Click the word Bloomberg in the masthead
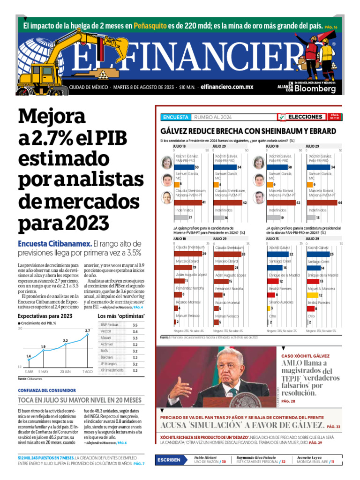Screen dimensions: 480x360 (315, 89)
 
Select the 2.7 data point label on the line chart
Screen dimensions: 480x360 (88, 331)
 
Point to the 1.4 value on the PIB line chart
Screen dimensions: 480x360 (29, 356)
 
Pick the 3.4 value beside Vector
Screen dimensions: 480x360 (135, 331)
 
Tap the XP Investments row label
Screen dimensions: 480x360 (112, 370)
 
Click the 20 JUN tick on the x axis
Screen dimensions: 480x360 (65, 371)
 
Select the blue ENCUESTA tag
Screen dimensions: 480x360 (175, 117)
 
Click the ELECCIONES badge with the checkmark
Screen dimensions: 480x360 (300, 117)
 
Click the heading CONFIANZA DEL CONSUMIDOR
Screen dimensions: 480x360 (47, 390)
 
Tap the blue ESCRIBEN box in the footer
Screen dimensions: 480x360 (169, 460)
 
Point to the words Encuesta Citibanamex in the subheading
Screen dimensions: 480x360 (54, 244)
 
